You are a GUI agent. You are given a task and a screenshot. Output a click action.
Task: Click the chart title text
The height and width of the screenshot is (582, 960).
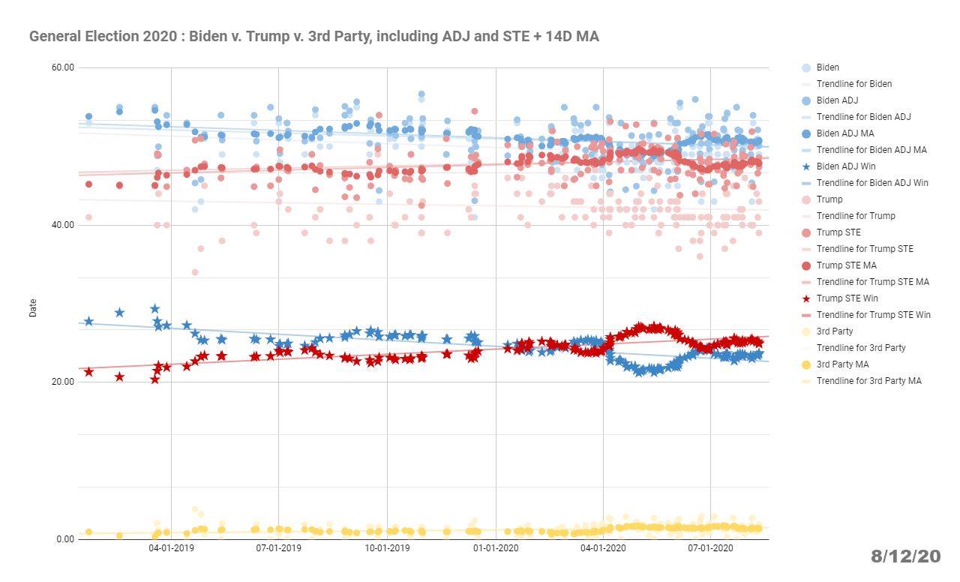coord(313,36)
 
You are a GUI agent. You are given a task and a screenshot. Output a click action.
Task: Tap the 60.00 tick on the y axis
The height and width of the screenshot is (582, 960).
coord(63,67)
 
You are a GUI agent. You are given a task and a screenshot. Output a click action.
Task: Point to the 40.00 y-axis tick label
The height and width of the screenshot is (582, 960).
coord(63,225)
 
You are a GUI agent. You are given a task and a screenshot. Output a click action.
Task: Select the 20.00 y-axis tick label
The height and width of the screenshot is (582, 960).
coord(63,382)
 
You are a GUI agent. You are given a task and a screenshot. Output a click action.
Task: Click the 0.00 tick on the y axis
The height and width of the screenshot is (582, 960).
coord(65,538)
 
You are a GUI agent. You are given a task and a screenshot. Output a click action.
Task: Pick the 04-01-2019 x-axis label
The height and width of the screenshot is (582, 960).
coord(171,548)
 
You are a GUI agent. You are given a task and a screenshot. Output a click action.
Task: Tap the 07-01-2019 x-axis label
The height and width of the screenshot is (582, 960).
coord(278,548)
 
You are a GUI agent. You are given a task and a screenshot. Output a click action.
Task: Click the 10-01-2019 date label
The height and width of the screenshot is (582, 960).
coord(387,548)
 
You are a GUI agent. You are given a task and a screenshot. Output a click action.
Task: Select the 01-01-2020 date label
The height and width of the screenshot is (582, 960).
coord(495,548)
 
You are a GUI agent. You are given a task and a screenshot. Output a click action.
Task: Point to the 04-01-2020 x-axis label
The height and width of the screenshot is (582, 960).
coord(603,548)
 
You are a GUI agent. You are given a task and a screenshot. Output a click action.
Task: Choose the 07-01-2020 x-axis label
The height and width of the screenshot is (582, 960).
coord(710,548)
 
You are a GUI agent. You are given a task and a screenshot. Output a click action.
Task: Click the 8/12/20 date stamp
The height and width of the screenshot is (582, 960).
coord(905,556)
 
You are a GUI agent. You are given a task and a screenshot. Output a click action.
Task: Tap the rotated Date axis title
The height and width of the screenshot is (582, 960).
coord(33,307)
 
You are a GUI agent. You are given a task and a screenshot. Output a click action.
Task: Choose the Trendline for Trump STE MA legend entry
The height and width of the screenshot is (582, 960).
coord(872,282)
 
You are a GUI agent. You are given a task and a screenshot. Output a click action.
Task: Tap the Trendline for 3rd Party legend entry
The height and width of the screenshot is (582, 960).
coord(860,348)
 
